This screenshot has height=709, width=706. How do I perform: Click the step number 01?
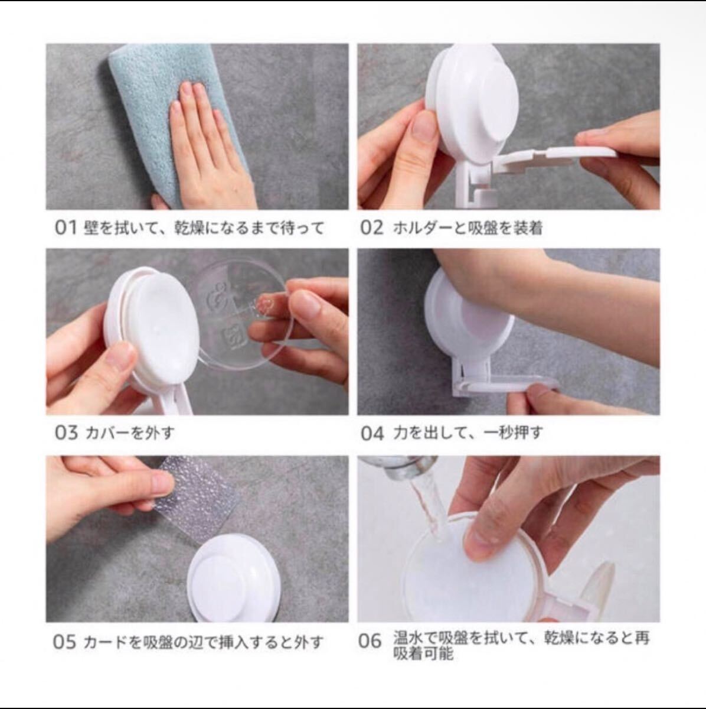[x=66, y=228]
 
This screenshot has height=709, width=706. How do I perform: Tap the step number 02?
[x=371, y=228]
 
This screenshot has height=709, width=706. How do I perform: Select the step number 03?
[x=67, y=432]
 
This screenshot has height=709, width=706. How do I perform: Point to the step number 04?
[x=372, y=434]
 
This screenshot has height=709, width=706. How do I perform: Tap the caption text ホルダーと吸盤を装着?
[x=468, y=229]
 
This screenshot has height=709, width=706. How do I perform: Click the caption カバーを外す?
[x=129, y=433]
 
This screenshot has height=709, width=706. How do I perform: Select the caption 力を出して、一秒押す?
[x=468, y=434]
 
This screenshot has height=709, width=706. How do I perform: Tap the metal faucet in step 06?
[x=399, y=469]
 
